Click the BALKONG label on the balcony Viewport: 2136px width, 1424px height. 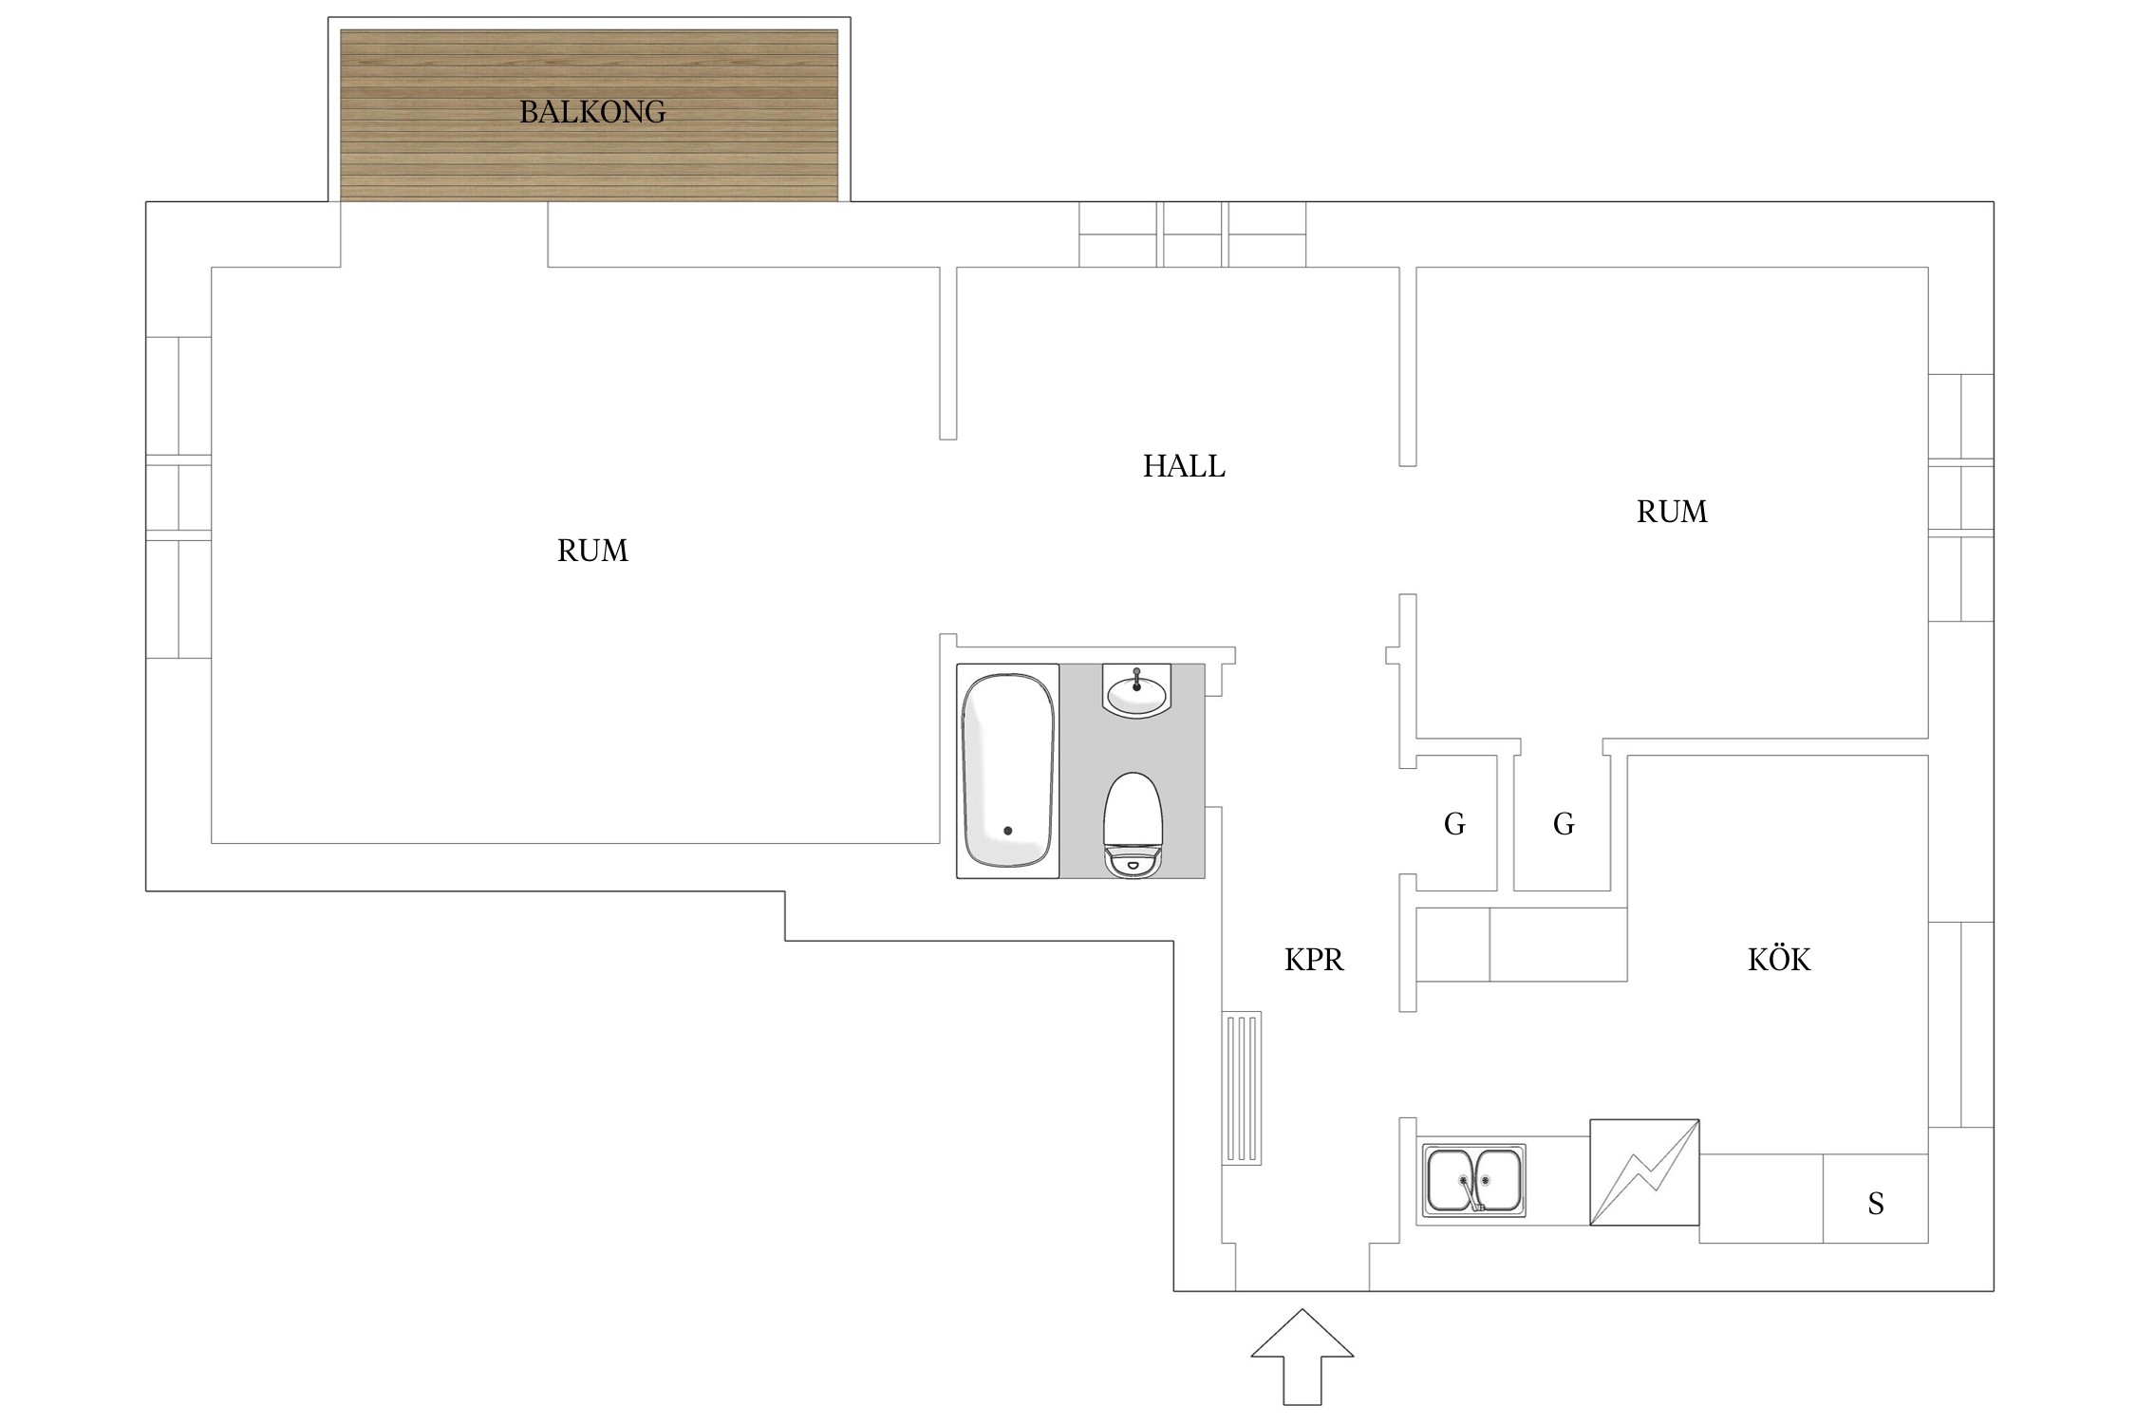click(592, 112)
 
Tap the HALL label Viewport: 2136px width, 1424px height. click(1184, 466)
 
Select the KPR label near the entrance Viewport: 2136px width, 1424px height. click(1314, 960)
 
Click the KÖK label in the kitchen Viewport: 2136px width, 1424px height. click(1779, 959)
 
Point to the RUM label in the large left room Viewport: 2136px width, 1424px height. click(592, 551)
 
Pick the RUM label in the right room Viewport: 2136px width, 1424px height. click(1672, 512)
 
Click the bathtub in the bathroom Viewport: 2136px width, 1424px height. click(1007, 771)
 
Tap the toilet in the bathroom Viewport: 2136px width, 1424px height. click(1134, 825)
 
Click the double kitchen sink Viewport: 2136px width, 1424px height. click(1474, 1180)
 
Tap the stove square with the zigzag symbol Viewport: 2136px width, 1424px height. click(1644, 1172)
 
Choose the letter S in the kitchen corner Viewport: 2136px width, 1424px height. click(1876, 1204)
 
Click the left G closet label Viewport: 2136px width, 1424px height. click(1454, 824)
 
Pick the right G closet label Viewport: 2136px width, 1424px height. click(1564, 824)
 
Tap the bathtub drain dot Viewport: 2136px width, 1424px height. click(1007, 831)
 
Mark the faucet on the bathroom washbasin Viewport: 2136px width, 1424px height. click(1136, 678)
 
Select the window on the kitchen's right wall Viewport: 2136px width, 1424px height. click(1960, 1024)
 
